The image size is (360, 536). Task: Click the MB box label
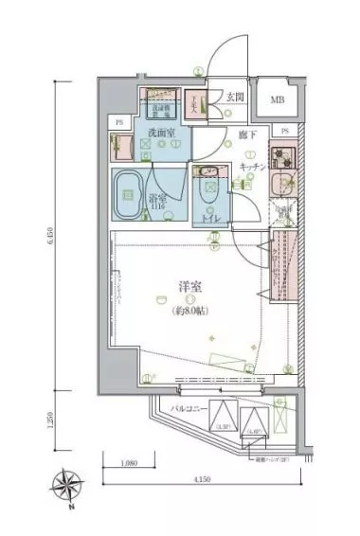tap(277, 100)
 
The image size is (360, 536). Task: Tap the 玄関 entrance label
tap(236, 98)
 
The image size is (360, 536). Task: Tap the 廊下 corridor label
tap(243, 136)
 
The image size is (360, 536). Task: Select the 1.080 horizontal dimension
tap(131, 464)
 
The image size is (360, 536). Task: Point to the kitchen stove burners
tap(282, 154)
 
